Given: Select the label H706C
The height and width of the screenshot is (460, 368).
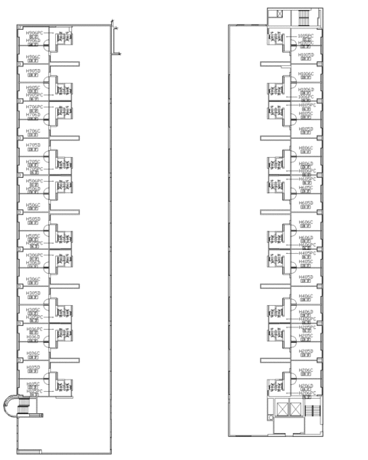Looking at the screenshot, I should [33, 131].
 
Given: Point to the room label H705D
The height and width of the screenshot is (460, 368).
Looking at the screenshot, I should [33, 145].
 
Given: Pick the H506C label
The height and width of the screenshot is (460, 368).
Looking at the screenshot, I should [33, 205].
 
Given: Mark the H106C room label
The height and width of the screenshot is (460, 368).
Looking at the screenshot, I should [33, 353].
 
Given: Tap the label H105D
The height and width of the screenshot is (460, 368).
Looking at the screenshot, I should [33, 367].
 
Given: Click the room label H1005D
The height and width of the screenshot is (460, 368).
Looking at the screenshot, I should [306, 55].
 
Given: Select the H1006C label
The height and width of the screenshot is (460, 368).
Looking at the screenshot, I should [306, 74].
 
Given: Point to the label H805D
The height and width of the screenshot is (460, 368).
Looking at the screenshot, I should [306, 130].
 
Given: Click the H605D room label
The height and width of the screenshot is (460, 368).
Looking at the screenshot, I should [306, 203].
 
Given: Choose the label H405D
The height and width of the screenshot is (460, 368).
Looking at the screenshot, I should [306, 278].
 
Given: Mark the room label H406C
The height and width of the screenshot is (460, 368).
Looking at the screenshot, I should [306, 296].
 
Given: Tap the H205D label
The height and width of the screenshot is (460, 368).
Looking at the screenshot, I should [306, 352].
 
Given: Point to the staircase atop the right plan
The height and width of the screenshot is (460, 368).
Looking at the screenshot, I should [301, 17].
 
